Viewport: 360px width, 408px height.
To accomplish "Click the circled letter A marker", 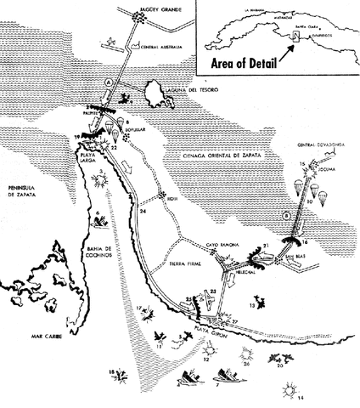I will pos(108,81).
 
